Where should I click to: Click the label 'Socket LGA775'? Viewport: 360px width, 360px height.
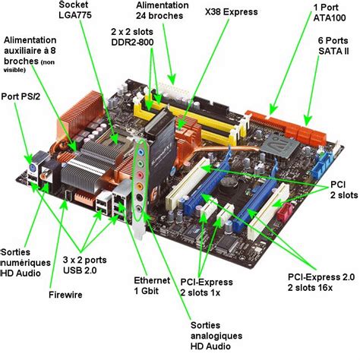(75, 10)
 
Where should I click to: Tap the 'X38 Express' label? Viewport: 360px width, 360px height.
(231, 11)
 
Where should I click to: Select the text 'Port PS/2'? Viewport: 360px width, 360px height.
(21, 96)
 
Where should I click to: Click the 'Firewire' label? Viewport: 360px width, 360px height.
(65, 295)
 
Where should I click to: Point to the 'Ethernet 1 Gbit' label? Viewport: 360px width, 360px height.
(152, 286)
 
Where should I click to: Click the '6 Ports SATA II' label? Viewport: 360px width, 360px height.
(333, 46)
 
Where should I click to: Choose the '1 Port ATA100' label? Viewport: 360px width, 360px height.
(330, 13)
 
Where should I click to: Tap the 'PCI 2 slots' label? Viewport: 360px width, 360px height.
(344, 190)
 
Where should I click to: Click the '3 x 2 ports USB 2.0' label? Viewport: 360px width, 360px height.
(84, 265)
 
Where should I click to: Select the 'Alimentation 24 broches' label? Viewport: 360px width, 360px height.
(162, 11)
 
